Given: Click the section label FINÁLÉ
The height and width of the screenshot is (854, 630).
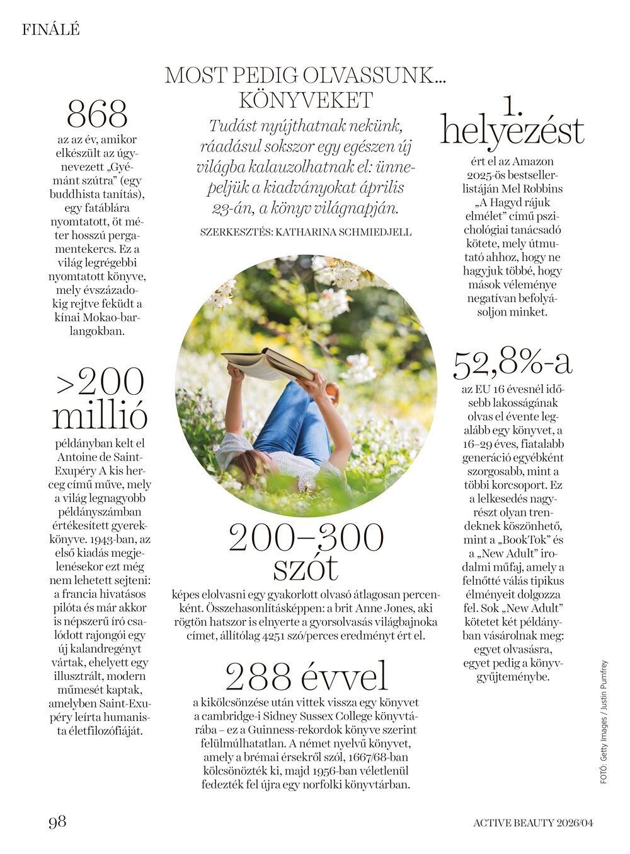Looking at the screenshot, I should [x=50, y=29].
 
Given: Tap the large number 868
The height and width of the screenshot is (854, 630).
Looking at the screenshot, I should [x=97, y=115].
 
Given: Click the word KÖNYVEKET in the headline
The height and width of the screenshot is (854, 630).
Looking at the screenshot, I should [x=306, y=100].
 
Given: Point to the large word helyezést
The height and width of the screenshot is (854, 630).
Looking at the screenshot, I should [x=512, y=131].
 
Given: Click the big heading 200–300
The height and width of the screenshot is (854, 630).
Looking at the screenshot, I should [x=306, y=538].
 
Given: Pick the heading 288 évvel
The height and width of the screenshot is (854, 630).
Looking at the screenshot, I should [x=306, y=677].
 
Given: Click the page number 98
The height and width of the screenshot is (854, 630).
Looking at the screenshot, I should [x=57, y=822].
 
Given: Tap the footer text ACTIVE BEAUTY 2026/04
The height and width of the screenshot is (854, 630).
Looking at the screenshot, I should [x=534, y=822].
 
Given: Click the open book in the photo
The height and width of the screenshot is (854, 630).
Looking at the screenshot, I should [x=267, y=365].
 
